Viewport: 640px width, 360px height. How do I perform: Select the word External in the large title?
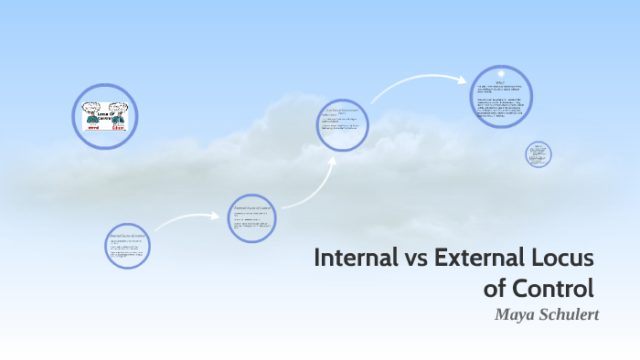pyautogui.click(x=468, y=258)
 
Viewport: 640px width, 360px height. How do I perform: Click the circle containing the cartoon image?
pyautogui.click(x=104, y=116)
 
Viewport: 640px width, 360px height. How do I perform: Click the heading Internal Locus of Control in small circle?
pyautogui.click(x=126, y=236)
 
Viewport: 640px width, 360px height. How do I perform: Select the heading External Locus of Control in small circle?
pyautogui.click(x=251, y=208)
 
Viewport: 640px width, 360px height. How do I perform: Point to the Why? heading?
pyautogui.click(x=500, y=83)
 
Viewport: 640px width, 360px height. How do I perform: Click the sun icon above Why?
pyautogui.click(x=501, y=74)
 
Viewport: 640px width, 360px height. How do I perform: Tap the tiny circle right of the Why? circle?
pyautogui.click(x=539, y=154)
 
